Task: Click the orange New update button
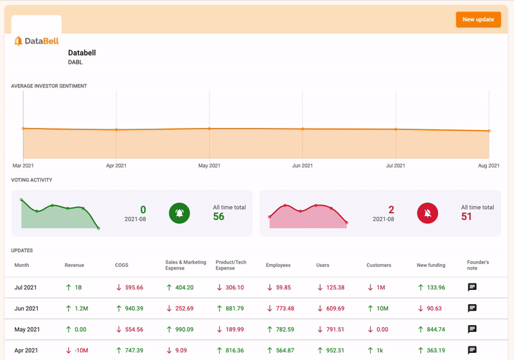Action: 478,19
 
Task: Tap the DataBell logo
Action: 37,41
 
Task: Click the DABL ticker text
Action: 75,62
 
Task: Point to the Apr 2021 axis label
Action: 116,166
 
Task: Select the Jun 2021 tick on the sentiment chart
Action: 303,166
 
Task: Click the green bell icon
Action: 179,213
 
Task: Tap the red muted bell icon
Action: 427,213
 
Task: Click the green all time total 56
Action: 218,217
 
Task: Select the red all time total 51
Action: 466,217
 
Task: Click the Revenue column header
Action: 75,265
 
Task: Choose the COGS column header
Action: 121,265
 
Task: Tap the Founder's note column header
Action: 478,265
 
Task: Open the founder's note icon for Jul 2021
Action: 472,287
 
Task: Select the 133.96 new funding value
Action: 431,287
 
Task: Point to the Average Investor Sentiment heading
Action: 49,85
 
